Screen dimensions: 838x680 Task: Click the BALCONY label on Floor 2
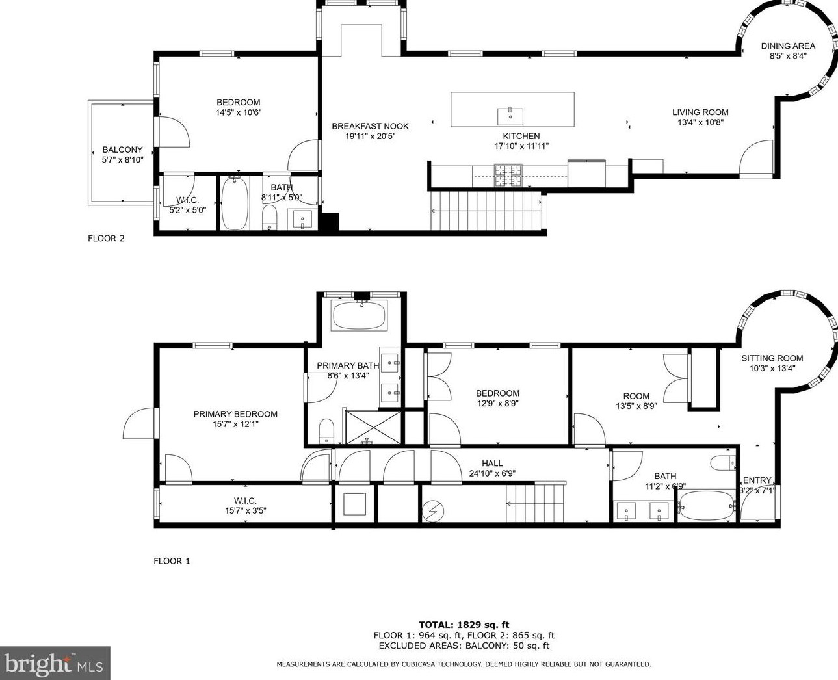tap(122, 150)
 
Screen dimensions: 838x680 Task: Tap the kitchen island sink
tap(510, 116)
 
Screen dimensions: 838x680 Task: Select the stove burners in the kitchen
tap(508, 176)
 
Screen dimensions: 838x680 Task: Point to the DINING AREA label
tap(788, 46)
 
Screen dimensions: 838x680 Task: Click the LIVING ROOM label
tap(700, 112)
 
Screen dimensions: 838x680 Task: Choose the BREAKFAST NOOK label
tap(370, 126)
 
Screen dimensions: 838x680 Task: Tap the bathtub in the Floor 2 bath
tap(235, 203)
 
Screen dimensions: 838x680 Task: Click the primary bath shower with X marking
tap(373, 428)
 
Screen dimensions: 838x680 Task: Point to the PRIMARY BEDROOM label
tap(235, 414)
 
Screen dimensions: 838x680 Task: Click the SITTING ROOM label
tap(772, 358)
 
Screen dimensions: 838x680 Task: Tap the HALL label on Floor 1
tap(492, 464)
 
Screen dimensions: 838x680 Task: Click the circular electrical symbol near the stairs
tap(433, 512)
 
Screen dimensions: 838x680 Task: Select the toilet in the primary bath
tap(326, 430)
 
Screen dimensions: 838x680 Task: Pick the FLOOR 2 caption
tap(106, 239)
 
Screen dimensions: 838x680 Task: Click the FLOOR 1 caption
tap(172, 561)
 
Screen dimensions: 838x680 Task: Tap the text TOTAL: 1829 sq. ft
tap(464, 625)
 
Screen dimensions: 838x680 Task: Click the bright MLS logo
tap(55, 663)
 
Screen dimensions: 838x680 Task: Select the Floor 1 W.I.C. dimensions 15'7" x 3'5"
tap(246, 510)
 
